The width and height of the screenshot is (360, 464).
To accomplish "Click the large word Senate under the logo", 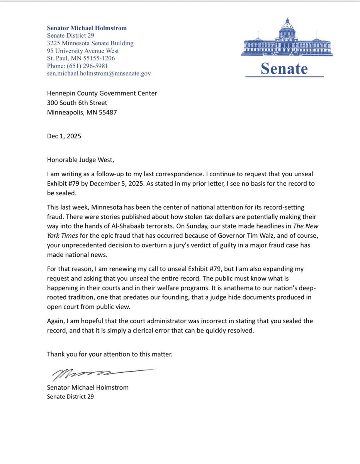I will pos(284,68).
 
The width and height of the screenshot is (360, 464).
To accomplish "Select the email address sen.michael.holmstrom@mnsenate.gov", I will pos(98,73).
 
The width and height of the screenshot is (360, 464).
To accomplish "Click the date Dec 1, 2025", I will pos(64,136).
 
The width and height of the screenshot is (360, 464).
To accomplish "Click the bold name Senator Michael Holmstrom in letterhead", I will pos(87,28).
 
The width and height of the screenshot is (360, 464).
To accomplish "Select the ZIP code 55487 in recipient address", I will pos(108,113).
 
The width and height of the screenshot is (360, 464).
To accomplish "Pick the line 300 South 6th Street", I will pos(77,103).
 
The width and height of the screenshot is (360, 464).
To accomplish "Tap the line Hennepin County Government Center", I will pos(102,93).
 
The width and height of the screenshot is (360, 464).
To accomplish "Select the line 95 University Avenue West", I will pos(83,51).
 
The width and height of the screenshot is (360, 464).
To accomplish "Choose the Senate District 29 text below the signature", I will pos(70,396).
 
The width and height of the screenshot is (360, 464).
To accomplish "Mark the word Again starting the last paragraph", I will pos(55,321).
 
